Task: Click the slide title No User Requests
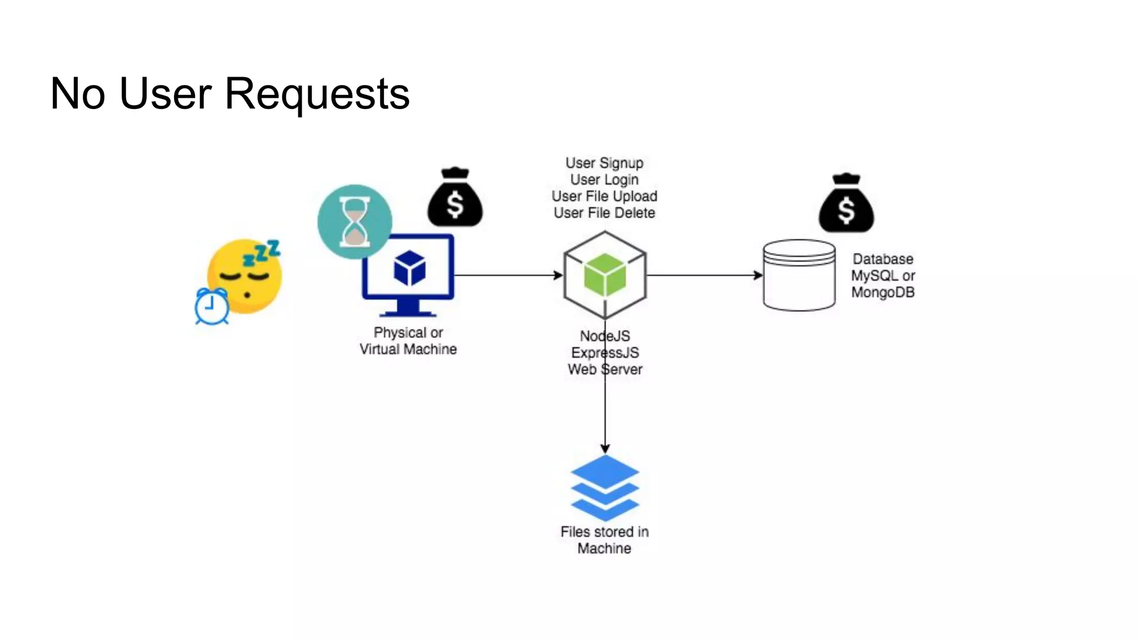[x=229, y=93]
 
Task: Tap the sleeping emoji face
[x=244, y=277]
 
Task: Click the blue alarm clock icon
[x=211, y=306]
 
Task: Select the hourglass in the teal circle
[x=355, y=222]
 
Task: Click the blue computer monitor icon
[x=408, y=275]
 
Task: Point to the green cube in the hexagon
[x=605, y=274]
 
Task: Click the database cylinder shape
[x=799, y=275]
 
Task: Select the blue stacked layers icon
[x=605, y=488]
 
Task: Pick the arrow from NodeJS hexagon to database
[x=703, y=275]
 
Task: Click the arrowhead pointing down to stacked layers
[x=605, y=448]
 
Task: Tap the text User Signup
[x=604, y=163]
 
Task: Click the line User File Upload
[x=604, y=196]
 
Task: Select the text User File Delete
[x=604, y=213]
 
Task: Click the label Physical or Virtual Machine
[x=408, y=341]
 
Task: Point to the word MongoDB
[x=882, y=292]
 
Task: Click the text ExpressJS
[x=605, y=353]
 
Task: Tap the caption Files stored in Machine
[x=604, y=539]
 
